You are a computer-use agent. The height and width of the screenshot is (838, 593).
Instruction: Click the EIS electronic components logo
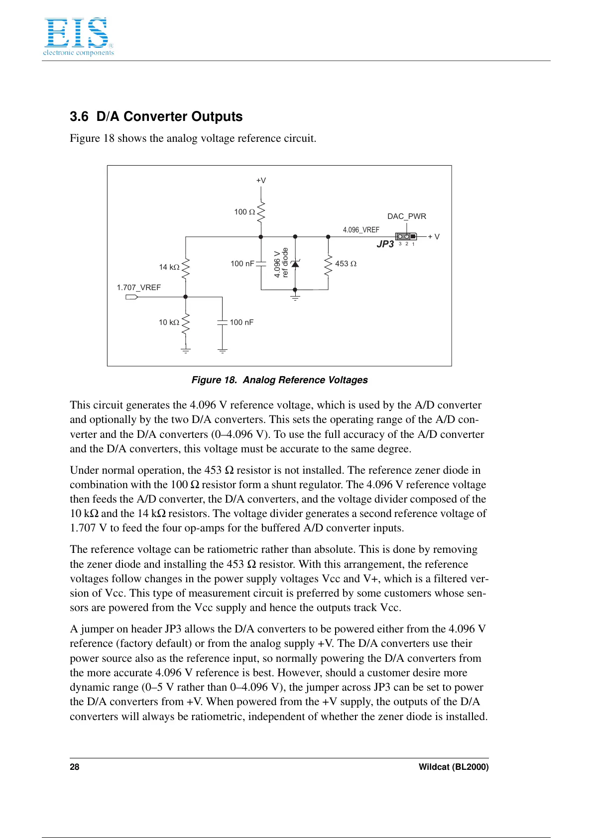tap(78, 36)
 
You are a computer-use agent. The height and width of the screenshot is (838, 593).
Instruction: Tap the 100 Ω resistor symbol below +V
tap(261, 211)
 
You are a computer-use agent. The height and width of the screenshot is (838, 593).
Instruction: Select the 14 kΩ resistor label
tap(169, 267)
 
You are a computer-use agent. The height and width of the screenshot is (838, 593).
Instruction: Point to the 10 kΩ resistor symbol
tap(186, 323)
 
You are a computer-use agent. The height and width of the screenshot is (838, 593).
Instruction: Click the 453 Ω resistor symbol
tap(328, 265)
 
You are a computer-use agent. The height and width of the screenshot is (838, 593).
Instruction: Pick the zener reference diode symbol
tap(295, 264)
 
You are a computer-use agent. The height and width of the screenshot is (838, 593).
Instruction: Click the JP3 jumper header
tap(406, 236)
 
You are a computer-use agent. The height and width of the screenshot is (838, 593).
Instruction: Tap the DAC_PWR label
tap(406, 216)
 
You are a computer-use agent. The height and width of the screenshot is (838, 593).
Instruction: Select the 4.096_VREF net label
tap(361, 230)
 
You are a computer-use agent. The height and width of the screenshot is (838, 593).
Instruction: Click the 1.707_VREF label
tap(138, 288)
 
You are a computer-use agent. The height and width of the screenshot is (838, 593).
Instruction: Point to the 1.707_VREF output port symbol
tap(131, 297)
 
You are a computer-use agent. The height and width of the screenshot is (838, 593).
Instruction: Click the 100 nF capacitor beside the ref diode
tap(261, 264)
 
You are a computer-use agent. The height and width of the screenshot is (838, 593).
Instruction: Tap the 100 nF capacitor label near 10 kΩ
tap(241, 322)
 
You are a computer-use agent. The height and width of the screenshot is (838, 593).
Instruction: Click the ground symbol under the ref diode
tap(295, 297)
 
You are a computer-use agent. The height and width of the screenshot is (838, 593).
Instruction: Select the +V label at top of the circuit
tap(261, 181)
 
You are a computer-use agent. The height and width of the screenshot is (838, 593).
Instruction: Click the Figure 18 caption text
tap(279, 380)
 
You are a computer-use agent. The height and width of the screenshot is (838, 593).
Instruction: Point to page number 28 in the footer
tap(75, 767)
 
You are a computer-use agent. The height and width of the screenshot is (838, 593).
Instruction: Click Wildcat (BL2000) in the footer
tap(453, 767)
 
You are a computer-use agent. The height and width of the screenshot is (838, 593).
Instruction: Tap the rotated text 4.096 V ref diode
tap(281, 263)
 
